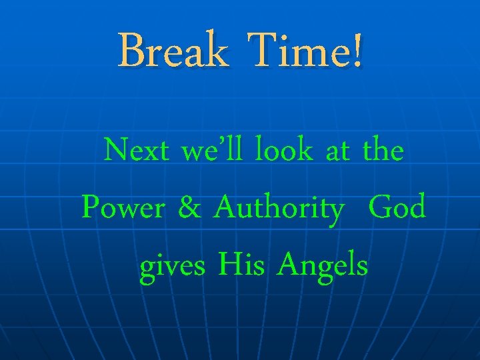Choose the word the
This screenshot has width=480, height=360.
coord(383,151)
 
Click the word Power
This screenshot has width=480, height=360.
coord(123,209)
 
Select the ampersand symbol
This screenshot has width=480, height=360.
coord(190,209)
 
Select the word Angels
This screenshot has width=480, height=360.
coord(323,267)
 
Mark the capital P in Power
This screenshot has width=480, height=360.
coord(90,208)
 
